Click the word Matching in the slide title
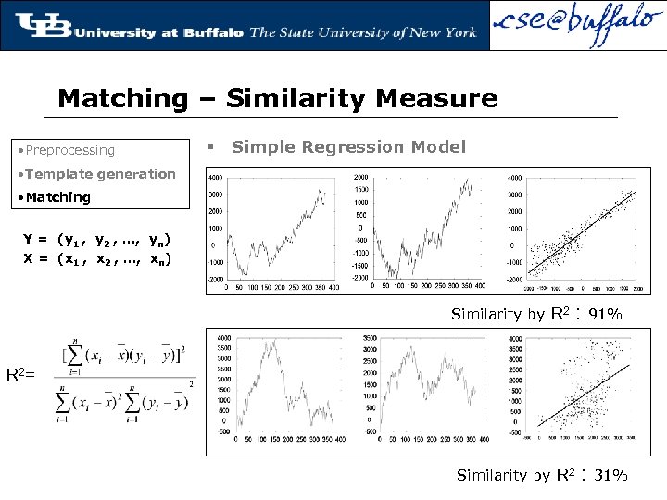[x=121, y=98]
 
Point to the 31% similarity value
[x=610, y=476]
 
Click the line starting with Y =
[x=96, y=239]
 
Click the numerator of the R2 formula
[x=126, y=354]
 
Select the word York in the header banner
[x=457, y=32]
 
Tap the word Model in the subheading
[x=443, y=147]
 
